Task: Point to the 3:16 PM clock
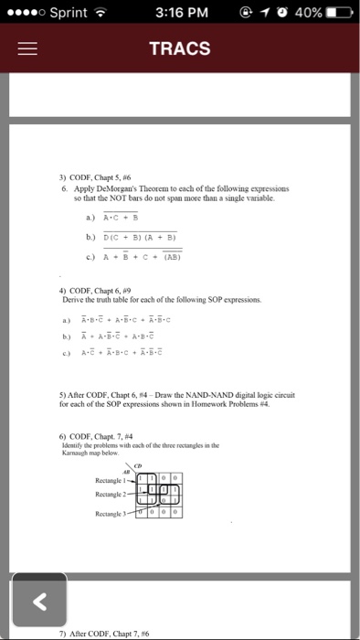(x=181, y=12)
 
